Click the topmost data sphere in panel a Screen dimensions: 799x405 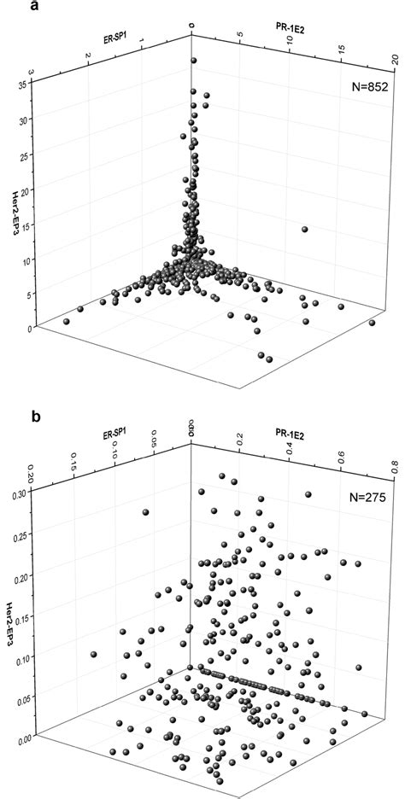tap(194, 61)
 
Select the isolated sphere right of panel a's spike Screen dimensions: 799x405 tap(305, 230)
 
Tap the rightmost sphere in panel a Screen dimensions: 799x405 tap(372, 324)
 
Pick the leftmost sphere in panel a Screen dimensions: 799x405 tap(67, 321)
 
